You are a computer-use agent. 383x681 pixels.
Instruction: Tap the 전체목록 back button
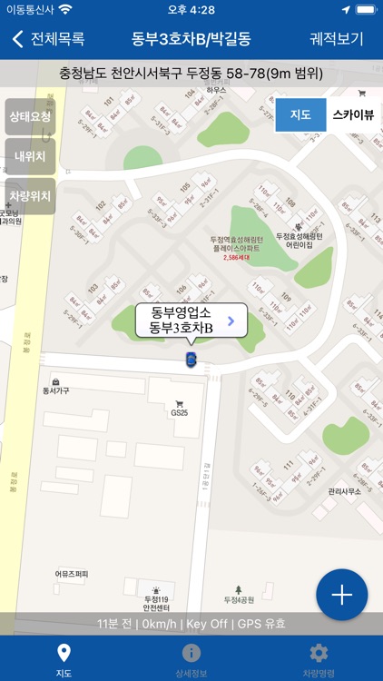[x=49, y=39]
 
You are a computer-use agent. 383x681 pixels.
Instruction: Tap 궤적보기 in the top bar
[x=337, y=39]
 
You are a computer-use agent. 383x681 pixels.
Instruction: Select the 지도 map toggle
[x=300, y=115]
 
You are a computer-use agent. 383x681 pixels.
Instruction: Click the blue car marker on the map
[x=191, y=360]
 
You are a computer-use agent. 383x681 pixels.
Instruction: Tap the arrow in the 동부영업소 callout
[x=231, y=320]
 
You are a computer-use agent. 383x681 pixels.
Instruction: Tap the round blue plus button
[x=341, y=595]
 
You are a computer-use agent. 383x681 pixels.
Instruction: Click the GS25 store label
[x=179, y=411]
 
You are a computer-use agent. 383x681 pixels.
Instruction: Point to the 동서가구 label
[x=56, y=391]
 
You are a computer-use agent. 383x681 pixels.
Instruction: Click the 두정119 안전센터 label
[x=157, y=605]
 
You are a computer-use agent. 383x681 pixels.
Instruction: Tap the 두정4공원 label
[x=240, y=599]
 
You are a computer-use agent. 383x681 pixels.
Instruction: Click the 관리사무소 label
[x=345, y=491]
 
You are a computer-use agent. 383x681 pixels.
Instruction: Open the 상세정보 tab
[x=191, y=660]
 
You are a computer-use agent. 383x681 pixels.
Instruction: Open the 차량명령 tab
[x=319, y=660]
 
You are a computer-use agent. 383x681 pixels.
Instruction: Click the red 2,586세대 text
[x=235, y=258]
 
